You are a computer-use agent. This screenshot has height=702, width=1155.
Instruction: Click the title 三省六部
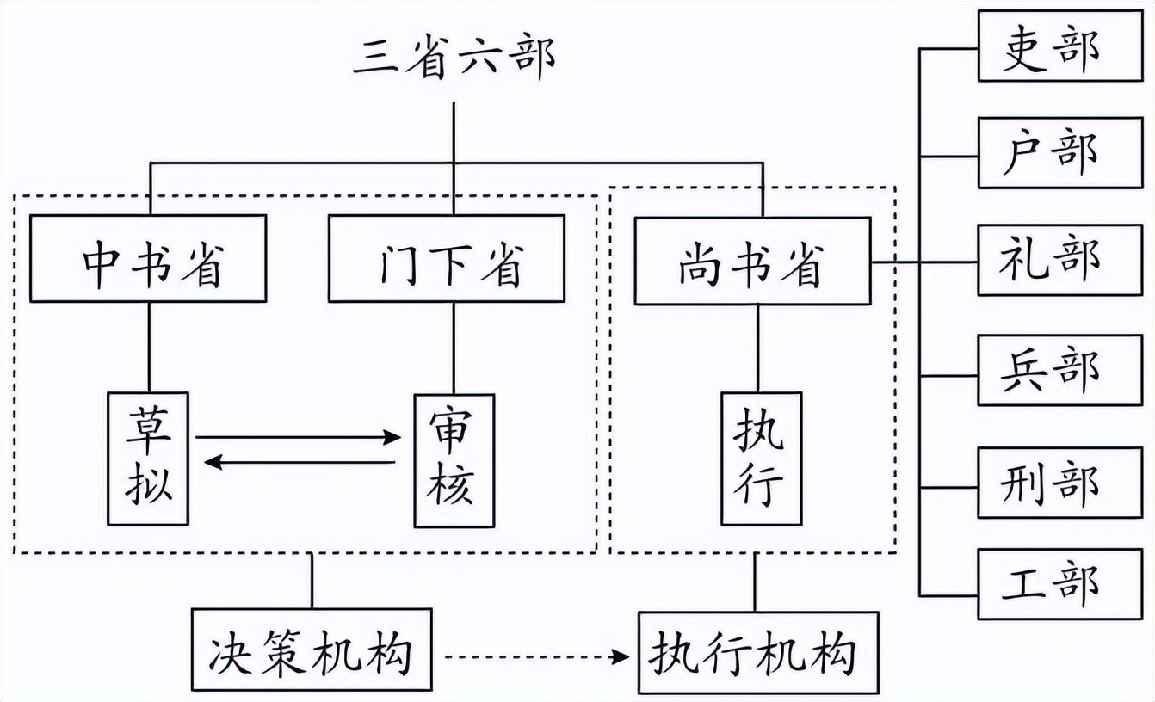(x=454, y=58)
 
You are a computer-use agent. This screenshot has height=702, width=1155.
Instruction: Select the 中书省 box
(x=148, y=259)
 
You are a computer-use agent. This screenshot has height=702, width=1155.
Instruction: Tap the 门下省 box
(x=447, y=259)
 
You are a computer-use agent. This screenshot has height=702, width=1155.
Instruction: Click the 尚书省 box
(x=752, y=261)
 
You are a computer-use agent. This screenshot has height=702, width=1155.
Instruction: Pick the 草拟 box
(x=148, y=459)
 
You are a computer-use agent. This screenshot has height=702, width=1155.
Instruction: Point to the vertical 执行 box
(x=761, y=459)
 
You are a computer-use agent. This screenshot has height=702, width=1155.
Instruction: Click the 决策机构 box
(x=312, y=650)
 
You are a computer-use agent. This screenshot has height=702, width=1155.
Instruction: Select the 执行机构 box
(x=757, y=652)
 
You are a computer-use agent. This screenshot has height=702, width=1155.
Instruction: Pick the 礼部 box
(x=1060, y=261)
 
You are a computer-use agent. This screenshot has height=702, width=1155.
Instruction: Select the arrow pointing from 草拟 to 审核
(x=297, y=438)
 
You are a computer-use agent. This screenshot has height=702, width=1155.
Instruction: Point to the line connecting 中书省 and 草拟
(x=149, y=347)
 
